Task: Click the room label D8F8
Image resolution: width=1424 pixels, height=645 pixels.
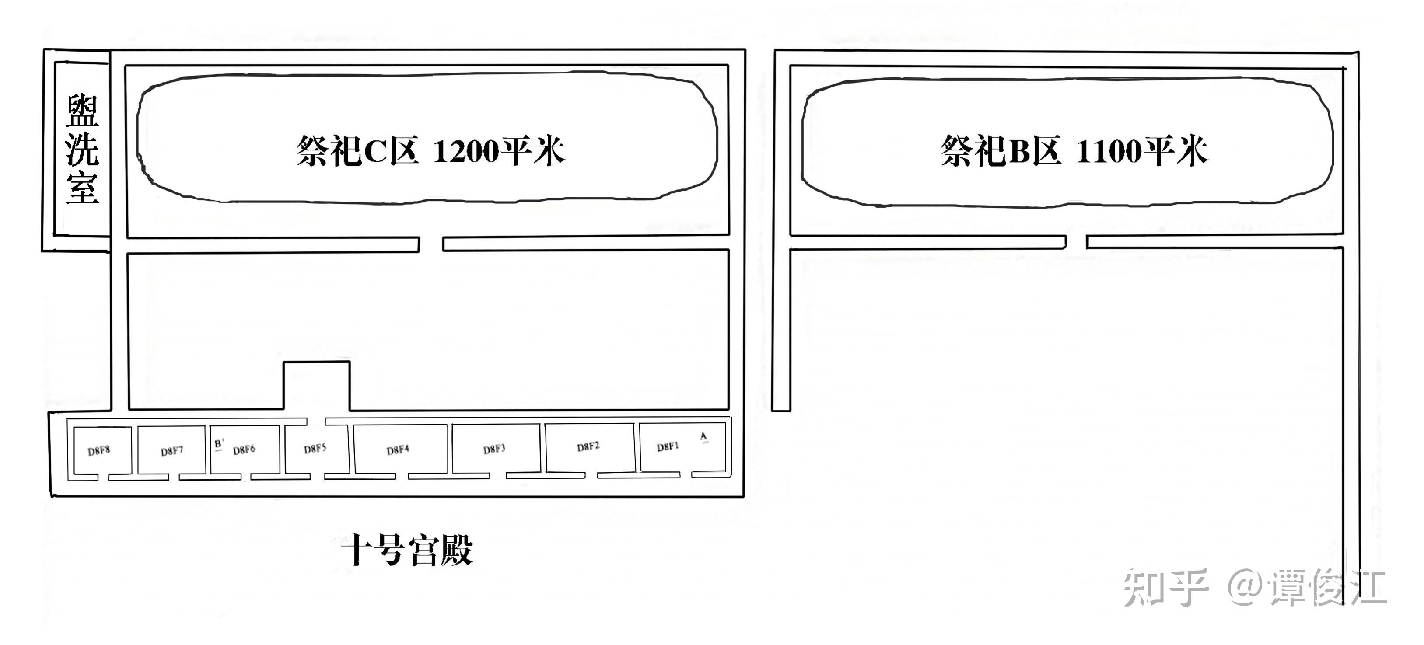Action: click(99, 450)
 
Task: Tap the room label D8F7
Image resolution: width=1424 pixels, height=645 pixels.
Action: click(172, 451)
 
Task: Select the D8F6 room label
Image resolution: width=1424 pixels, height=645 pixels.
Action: click(244, 450)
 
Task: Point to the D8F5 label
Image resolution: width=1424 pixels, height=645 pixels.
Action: click(315, 448)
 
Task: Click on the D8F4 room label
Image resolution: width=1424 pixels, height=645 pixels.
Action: click(398, 450)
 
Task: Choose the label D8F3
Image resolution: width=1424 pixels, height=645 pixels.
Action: click(494, 449)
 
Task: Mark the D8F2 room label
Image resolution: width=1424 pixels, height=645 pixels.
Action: click(588, 446)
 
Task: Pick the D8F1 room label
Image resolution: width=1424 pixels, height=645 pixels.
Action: click(668, 446)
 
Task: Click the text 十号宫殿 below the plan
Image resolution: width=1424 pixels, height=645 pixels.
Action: click(407, 550)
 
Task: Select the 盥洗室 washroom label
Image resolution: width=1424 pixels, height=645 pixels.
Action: click(82, 149)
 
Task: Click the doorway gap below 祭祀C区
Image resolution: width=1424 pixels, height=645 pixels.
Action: click(431, 244)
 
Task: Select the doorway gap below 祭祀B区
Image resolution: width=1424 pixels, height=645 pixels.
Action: click(1076, 242)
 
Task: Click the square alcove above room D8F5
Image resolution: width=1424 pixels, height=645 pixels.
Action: click(317, 386)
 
